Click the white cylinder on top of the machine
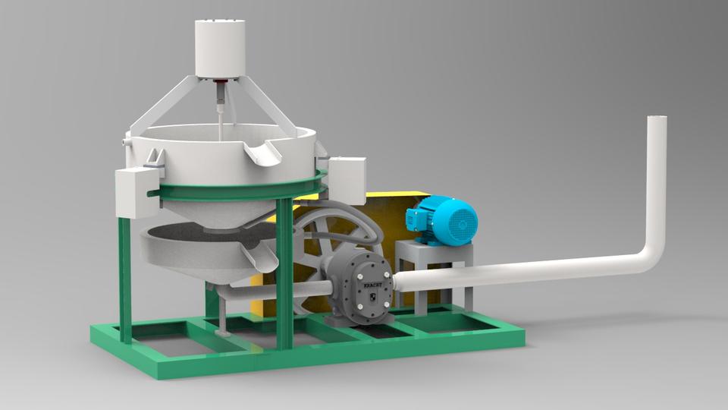[220, 47]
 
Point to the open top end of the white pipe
[656, 119]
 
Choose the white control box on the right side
[347, 179]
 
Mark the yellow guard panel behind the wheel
[394, 209]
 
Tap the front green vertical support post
[285, 273]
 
